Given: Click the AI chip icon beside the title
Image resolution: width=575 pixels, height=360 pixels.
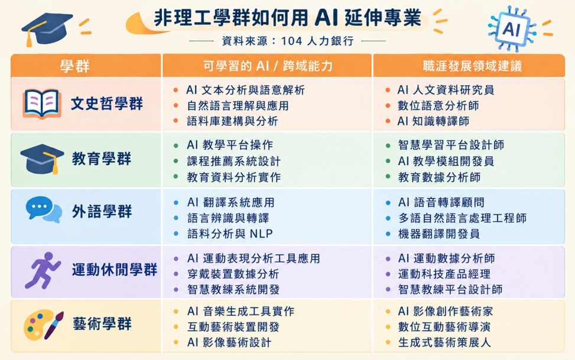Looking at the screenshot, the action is pos(512,28).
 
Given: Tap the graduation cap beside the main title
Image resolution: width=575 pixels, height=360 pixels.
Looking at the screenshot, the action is pos(47,30).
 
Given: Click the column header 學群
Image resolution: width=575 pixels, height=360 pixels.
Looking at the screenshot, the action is pos(75,66).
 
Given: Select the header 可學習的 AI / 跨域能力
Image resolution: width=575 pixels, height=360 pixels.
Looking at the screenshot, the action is pos(268,66).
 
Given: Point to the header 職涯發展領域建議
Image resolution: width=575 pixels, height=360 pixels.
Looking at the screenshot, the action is pos(472,66).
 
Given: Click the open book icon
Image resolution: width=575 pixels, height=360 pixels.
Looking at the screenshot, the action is pos(42,104).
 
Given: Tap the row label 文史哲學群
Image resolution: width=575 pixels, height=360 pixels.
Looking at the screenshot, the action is pos(107,104).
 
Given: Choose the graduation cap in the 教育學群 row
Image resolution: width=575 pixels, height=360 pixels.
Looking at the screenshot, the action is pos(42,159).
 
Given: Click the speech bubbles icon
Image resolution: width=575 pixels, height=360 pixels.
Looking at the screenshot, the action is pos(44,209).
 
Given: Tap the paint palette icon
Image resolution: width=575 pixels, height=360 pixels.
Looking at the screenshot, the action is pos(43,325).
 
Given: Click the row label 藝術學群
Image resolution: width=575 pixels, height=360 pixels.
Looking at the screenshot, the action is pos(102,324).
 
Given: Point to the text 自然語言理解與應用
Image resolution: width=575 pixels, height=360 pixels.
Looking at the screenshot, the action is pos(238,106).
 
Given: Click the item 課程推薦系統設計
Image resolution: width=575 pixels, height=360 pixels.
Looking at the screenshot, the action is pos(233,161).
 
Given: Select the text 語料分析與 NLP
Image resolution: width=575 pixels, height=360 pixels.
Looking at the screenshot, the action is pos(230,233).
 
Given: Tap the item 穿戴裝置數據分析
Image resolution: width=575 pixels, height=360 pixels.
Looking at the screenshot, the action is pos(233,274).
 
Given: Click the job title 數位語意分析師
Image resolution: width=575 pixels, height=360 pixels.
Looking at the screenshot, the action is pos(438,106).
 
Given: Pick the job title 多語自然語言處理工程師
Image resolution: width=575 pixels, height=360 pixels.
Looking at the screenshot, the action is pos(462,218).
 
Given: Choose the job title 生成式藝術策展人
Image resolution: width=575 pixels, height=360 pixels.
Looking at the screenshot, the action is pos(444,343).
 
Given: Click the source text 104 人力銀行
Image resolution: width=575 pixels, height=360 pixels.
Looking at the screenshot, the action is pos(317,41).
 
